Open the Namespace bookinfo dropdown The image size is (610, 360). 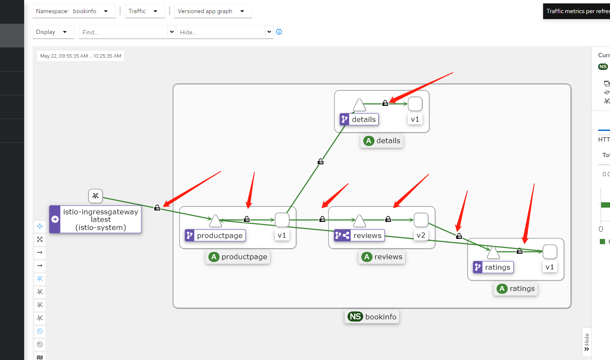click(74, 11)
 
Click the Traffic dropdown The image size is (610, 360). click(144, 11)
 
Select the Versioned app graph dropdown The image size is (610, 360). click(213, 11)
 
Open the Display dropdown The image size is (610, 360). click(53, 32)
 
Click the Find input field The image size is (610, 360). click(123, 32)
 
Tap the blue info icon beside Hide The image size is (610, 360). click(279, 32)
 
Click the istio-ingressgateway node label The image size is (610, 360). click(100, 219)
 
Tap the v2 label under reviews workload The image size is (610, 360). click(421, 235)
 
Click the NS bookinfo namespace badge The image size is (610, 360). click(372, 317)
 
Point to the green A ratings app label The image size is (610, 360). click(516, 289)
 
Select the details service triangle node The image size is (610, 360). click(359, 105)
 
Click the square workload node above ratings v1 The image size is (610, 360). click(549, 252)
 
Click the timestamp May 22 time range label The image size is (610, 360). click(80, 56)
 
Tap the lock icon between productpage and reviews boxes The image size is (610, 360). click(322, 219)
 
